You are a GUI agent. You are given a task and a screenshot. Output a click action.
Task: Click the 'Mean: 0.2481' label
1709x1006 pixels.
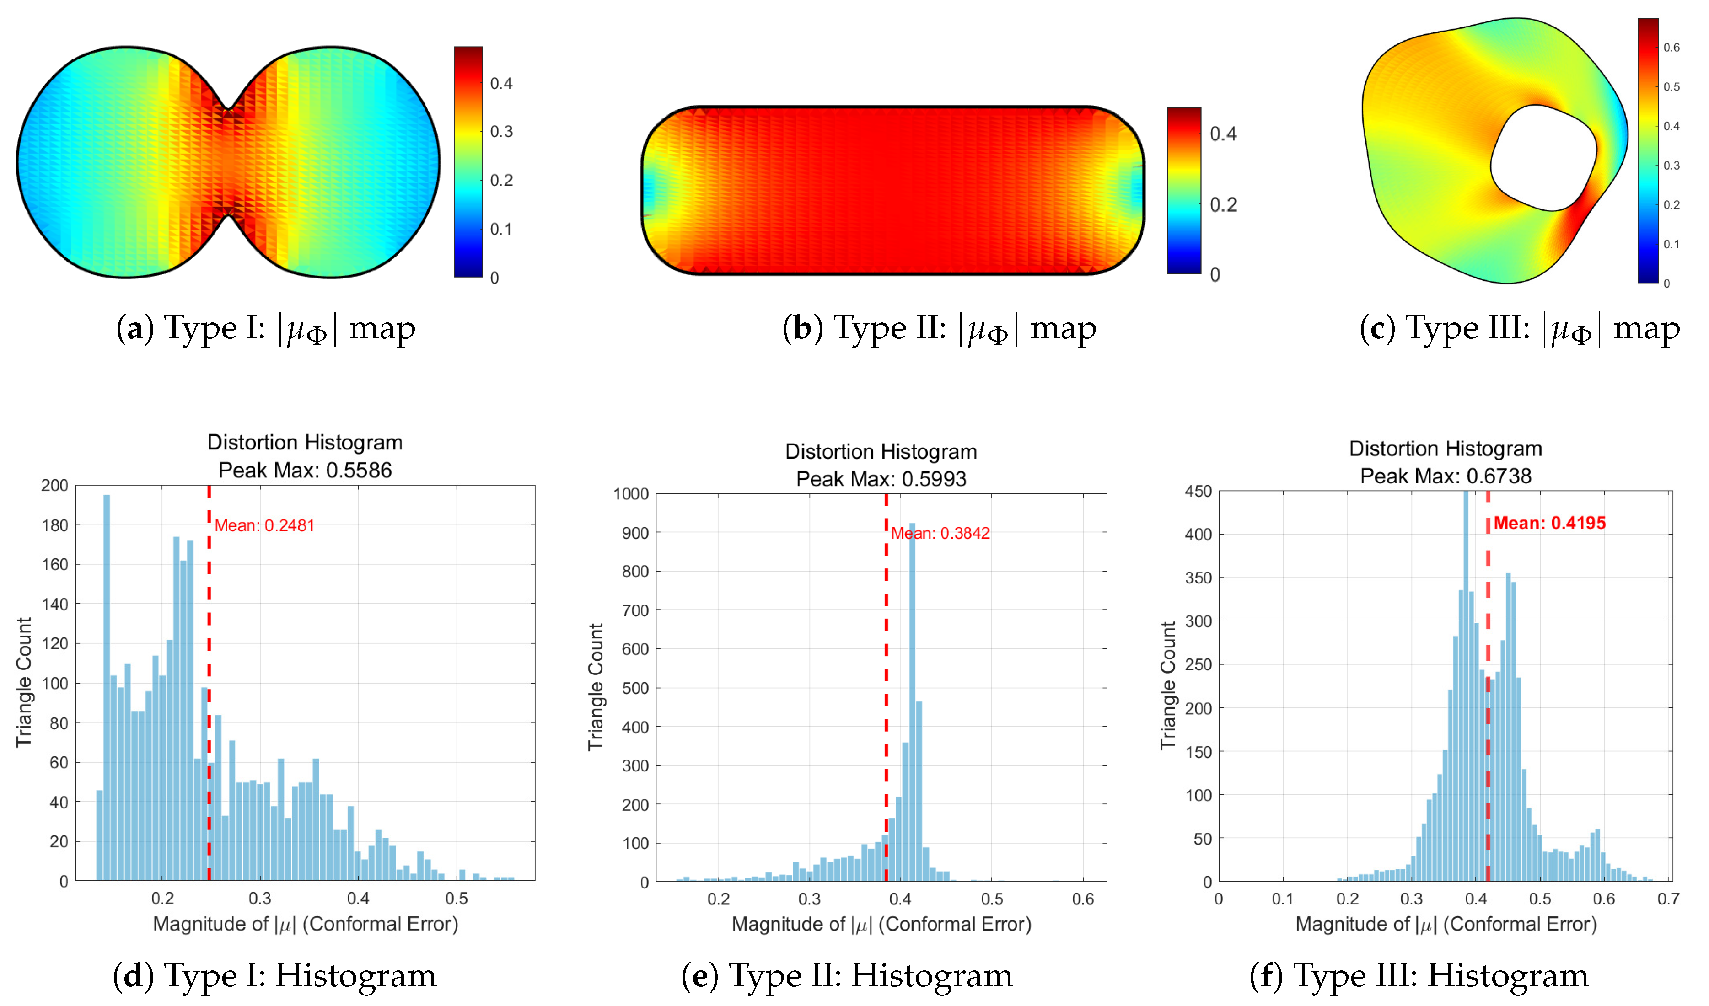(x=264, y=526)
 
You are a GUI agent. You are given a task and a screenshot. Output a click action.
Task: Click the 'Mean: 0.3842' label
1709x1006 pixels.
(x=940, y=534)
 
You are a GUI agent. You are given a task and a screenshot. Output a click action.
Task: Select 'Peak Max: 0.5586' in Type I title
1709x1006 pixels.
(x=305, y=471)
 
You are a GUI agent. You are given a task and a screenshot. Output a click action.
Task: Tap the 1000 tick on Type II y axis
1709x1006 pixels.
(x=631, y=494)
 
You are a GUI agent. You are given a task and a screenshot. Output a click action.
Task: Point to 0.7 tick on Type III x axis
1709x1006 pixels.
(x=1668, y=899)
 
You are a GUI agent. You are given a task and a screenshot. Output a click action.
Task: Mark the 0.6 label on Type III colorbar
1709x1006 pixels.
(x=1671, y=48)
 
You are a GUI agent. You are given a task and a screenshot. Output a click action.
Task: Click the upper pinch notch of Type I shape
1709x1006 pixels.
(x=229, y=108)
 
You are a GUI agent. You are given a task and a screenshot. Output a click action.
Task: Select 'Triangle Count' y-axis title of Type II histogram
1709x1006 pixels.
(x=596, y=687)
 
